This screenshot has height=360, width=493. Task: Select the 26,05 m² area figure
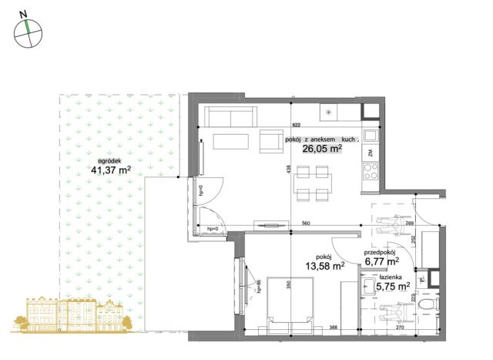[322, 150]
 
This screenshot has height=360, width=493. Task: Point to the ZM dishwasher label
[371, 153]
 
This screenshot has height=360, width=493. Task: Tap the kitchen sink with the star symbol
[330, 113]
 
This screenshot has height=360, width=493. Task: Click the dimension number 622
[295, 124]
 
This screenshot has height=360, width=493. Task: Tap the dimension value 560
[306, 224]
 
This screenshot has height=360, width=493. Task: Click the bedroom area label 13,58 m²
[324, 267]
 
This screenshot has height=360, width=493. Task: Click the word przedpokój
[380, 252]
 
